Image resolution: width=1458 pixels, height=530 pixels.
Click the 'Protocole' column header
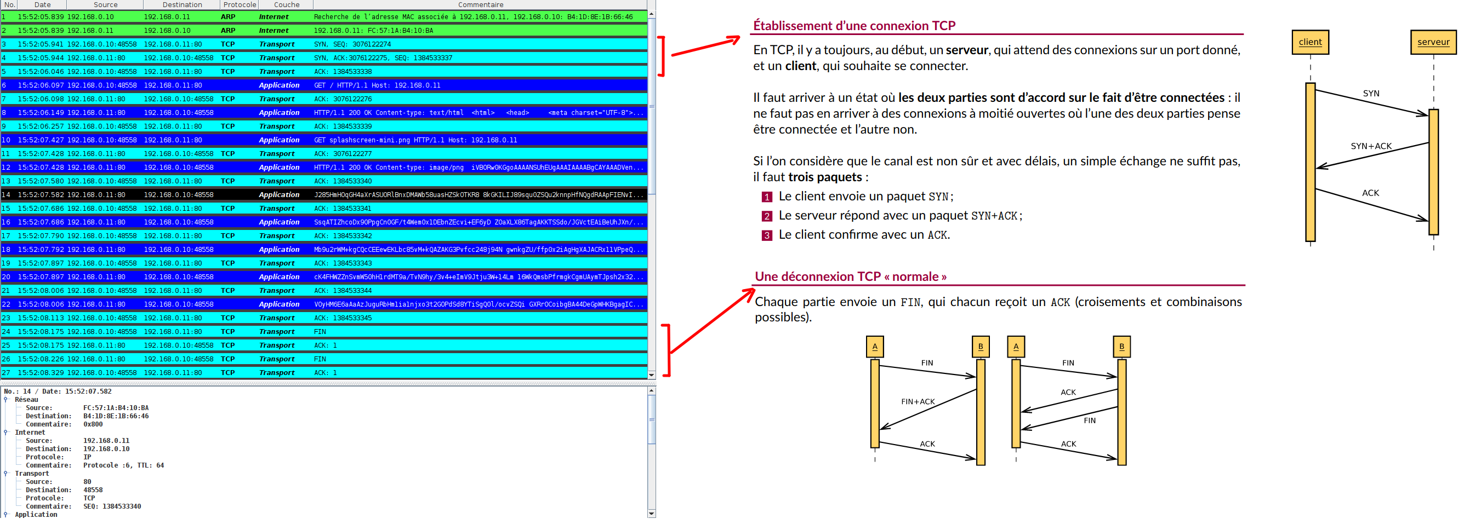tap(239, 4)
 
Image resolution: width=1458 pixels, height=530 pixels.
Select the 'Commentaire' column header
tap(480, 4)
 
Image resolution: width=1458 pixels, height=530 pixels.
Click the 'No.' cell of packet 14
tap(6, 194)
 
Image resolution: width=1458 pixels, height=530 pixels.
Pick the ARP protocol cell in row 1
tap(228, 17)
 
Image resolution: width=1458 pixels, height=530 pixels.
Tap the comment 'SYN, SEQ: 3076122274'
tap(352, 44)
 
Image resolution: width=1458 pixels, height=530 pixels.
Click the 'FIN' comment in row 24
tap(320, 331)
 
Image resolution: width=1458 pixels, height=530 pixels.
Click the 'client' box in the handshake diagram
tap(1309, 42)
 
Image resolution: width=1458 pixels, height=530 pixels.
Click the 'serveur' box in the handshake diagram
tap(1433, 42)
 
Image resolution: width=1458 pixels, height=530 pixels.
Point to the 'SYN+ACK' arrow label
tap(1370, 146)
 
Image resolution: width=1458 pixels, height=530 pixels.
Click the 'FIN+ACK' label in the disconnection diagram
tap(918, 401)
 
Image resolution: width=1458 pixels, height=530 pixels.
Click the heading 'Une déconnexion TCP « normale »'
tap(850, 276)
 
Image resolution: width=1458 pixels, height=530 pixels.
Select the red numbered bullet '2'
tap(766, 216)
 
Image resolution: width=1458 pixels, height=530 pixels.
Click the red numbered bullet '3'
tap(766, 235)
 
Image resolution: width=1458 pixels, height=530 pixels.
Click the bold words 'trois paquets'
tap(825, 177)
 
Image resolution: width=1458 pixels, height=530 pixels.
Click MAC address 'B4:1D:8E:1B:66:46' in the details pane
tap(116, 416)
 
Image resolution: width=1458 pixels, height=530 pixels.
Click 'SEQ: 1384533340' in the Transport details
tap(111, 507)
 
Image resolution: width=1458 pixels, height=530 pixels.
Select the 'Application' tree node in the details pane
tap(36, 515)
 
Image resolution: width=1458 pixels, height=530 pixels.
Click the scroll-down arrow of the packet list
tap(651, 375)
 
